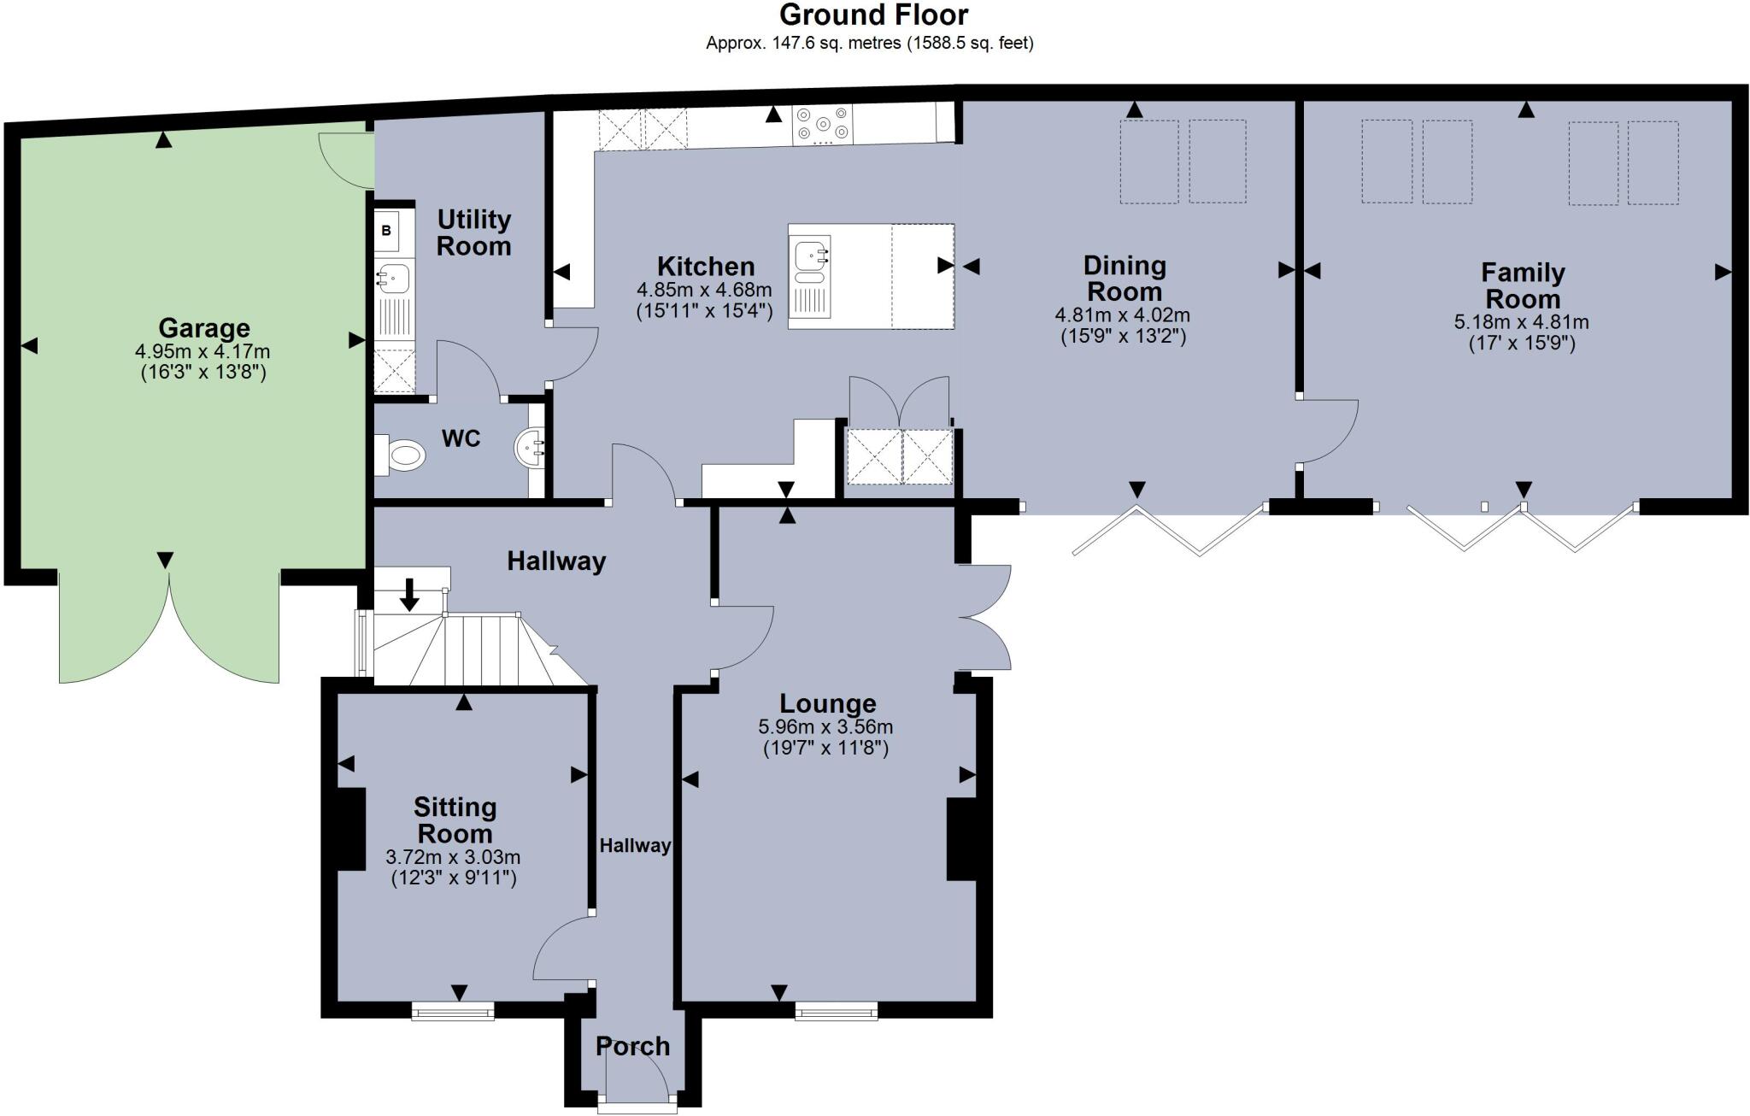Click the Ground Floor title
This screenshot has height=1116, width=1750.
(x=873, y=15)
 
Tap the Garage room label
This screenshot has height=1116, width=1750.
(x=204, y=328)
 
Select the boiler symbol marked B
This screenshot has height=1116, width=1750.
(x=386, y=231)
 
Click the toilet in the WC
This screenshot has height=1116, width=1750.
(x=402, y=454)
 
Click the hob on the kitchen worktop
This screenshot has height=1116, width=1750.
(x=822, y=125)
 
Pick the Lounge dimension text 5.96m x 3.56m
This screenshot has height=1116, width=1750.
(x=825, y=727)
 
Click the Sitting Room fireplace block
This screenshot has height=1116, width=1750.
(x=352, y=829)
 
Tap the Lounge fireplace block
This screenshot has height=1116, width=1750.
(x=960, y=839)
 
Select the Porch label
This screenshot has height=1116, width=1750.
(x=632, y=1046)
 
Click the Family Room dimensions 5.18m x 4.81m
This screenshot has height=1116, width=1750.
(x=1522, y=323)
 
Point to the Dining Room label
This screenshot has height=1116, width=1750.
(x=1125, y=279)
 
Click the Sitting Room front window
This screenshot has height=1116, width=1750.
(x=453, y=1011)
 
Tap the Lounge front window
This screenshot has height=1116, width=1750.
(x=837, y=1011)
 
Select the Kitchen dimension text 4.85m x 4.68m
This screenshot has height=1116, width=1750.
(x=704, y=291)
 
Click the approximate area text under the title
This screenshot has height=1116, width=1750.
(x=869, y=44)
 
